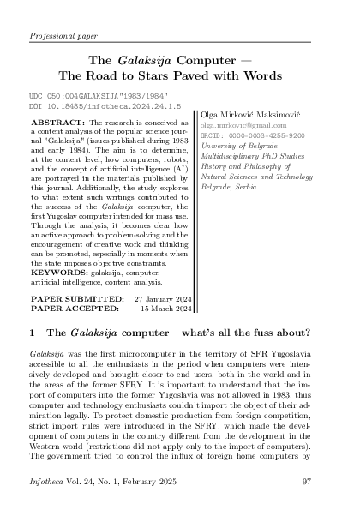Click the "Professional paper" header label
click(x=63, y=38)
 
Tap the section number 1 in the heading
click(x=33, y=333)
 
